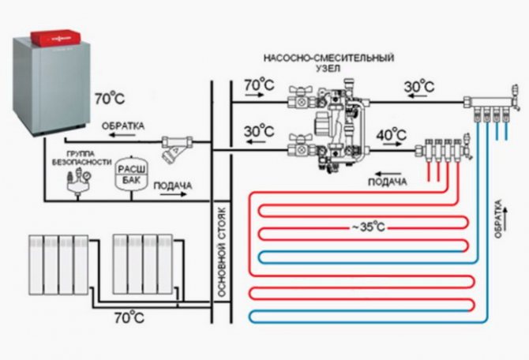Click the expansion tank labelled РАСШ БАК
click(126, 174)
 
